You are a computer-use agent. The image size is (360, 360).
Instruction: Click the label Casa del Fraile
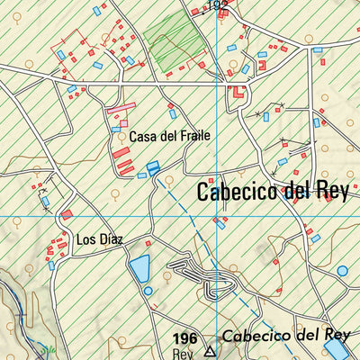[169, 136]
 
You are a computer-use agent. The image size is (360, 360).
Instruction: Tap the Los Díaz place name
[99, 239]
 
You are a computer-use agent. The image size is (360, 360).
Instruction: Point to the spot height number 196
[184, 338]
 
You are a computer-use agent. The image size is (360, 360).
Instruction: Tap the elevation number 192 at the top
[216, 5]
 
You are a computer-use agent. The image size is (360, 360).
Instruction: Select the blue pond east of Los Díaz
[139, 268]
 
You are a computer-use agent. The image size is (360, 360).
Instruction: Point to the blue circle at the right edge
[342, 269]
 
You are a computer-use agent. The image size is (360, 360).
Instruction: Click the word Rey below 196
[180, 353]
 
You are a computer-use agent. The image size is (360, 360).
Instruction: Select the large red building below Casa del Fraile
[121, 153]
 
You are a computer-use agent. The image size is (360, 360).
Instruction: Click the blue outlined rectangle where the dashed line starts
[153, 167]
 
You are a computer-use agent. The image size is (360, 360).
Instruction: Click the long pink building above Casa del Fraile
[121, 108]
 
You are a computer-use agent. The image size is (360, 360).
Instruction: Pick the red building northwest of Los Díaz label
[67, 214]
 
